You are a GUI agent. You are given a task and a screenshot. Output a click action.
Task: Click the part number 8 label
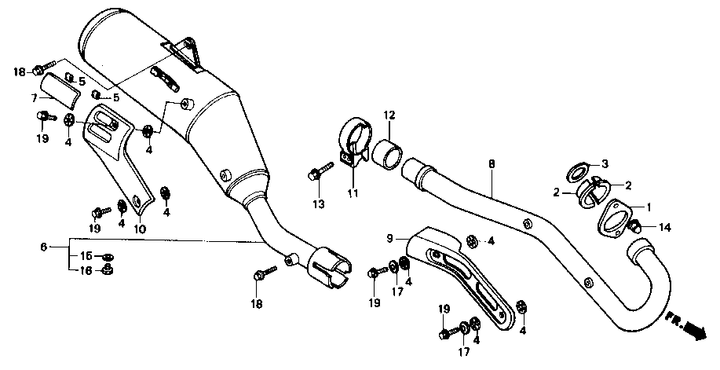pos(492,165)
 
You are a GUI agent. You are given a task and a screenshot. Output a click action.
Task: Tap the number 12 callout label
pos(388,115)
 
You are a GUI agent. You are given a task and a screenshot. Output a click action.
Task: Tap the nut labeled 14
pos(638,227)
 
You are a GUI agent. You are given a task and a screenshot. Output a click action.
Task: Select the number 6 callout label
pos(44,247)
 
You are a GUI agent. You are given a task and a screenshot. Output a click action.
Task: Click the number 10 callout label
pos(141,229)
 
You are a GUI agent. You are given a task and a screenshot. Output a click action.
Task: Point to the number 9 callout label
pos(389,237)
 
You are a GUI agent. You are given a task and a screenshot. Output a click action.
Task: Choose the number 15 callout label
pos(87,256)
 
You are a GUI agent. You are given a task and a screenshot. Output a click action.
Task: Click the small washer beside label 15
pos(108,257)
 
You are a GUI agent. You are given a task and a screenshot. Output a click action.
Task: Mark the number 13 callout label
pos(318,205)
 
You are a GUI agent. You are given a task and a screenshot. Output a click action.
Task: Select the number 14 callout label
pos(665,228)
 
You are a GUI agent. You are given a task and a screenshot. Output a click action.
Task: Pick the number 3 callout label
pos(605,164)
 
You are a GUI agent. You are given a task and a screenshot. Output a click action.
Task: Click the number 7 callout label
pos(35,97)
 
